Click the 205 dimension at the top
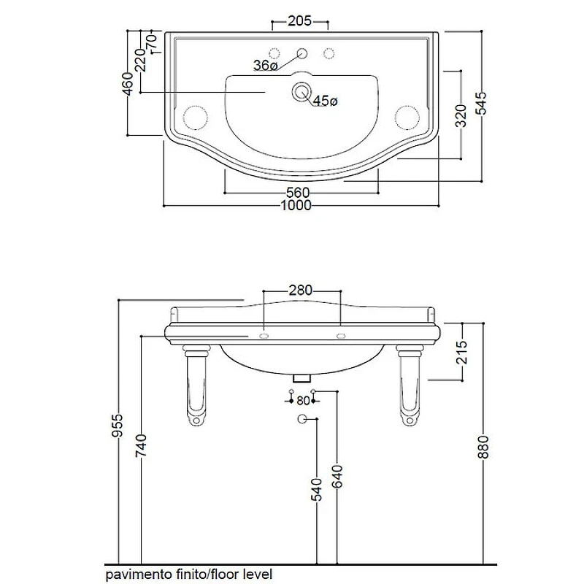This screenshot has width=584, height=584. coord(299,21)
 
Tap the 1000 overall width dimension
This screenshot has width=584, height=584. coord(296,205)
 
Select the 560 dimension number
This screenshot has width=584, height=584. coord(298,193)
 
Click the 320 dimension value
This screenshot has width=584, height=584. coord(461,116)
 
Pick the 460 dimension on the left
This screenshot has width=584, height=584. coord(128,84)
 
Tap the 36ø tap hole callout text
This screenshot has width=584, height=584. coord(266,65)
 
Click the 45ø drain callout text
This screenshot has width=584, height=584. coord(325,100)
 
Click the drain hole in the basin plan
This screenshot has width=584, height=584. coord(301,91)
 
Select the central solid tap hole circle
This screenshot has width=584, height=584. coord(301,53)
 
